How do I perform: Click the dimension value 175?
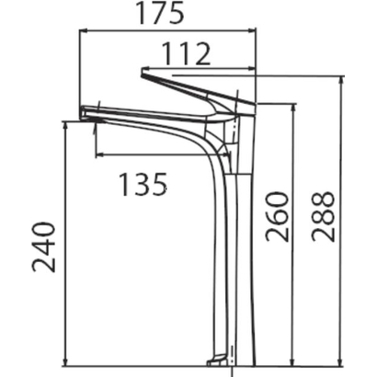[160, 13]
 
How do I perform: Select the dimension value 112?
[186, 54]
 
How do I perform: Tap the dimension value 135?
[143, 185]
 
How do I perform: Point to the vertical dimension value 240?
[44, 247]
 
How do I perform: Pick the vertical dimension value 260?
[278, 216]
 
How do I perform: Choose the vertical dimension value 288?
[323, 216]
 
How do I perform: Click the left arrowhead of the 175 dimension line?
[84, 30]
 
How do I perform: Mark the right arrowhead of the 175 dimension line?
[252, 30]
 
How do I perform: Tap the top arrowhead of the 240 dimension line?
[65, 126]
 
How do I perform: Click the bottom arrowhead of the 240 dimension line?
[65, 361]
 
